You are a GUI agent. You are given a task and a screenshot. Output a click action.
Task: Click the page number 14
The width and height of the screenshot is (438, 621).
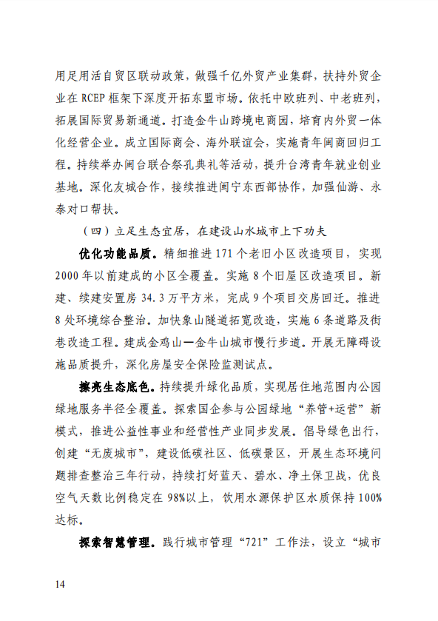click(x=61, y=585)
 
